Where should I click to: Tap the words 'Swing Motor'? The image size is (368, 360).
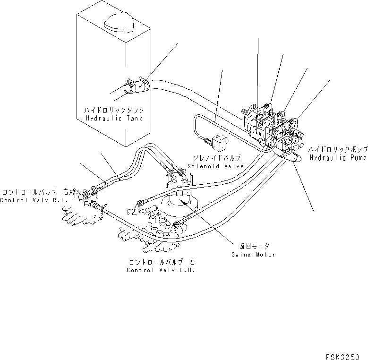tap(253, 255)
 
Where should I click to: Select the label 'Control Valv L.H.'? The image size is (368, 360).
tap(161, 270)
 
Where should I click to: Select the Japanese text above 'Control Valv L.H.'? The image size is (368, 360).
tap(161, 262)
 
